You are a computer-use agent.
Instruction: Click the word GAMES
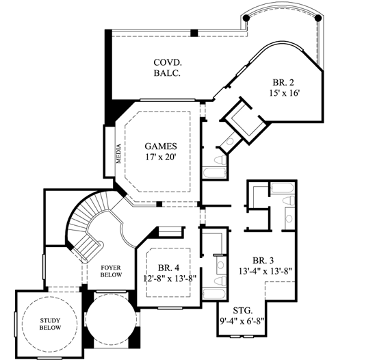click(x=161, y=146)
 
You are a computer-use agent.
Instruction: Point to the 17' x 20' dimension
click(x=161, y=158)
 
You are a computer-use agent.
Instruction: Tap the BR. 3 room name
click(x=263, y=260)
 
